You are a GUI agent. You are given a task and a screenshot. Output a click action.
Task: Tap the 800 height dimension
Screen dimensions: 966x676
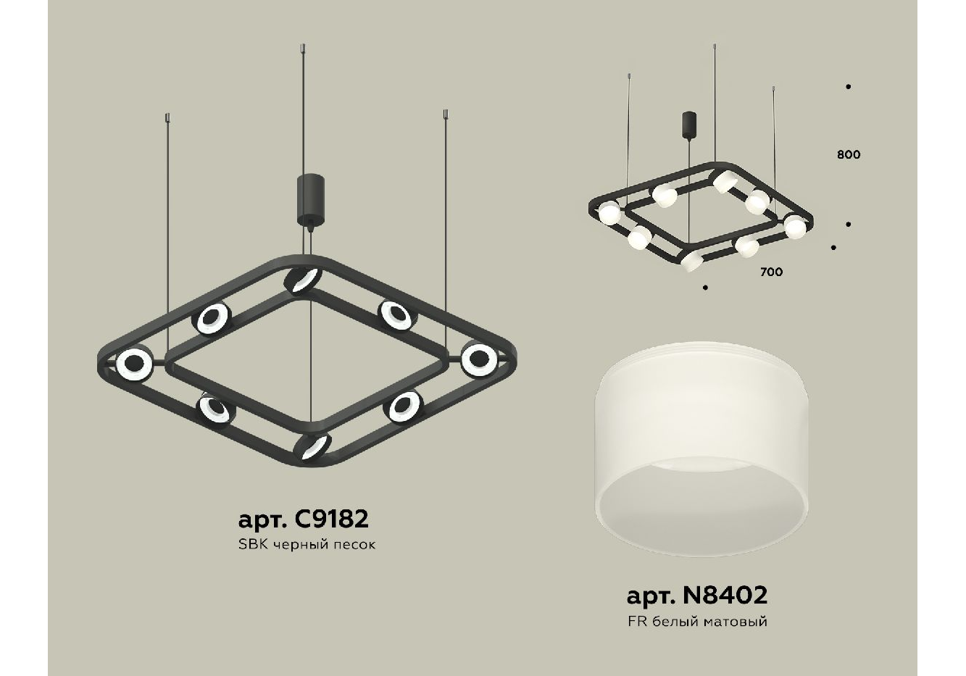[x=849, y=154]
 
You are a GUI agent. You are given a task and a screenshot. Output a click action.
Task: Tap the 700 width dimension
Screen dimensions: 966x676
[x=772, y=272]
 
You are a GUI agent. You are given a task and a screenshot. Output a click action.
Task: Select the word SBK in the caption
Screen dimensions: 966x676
[x=254, y=545]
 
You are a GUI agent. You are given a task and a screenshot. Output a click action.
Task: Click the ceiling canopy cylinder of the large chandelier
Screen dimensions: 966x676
[x=310, y=199]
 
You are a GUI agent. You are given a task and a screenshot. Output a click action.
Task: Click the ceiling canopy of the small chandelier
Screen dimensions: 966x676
[x=689, y=123]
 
